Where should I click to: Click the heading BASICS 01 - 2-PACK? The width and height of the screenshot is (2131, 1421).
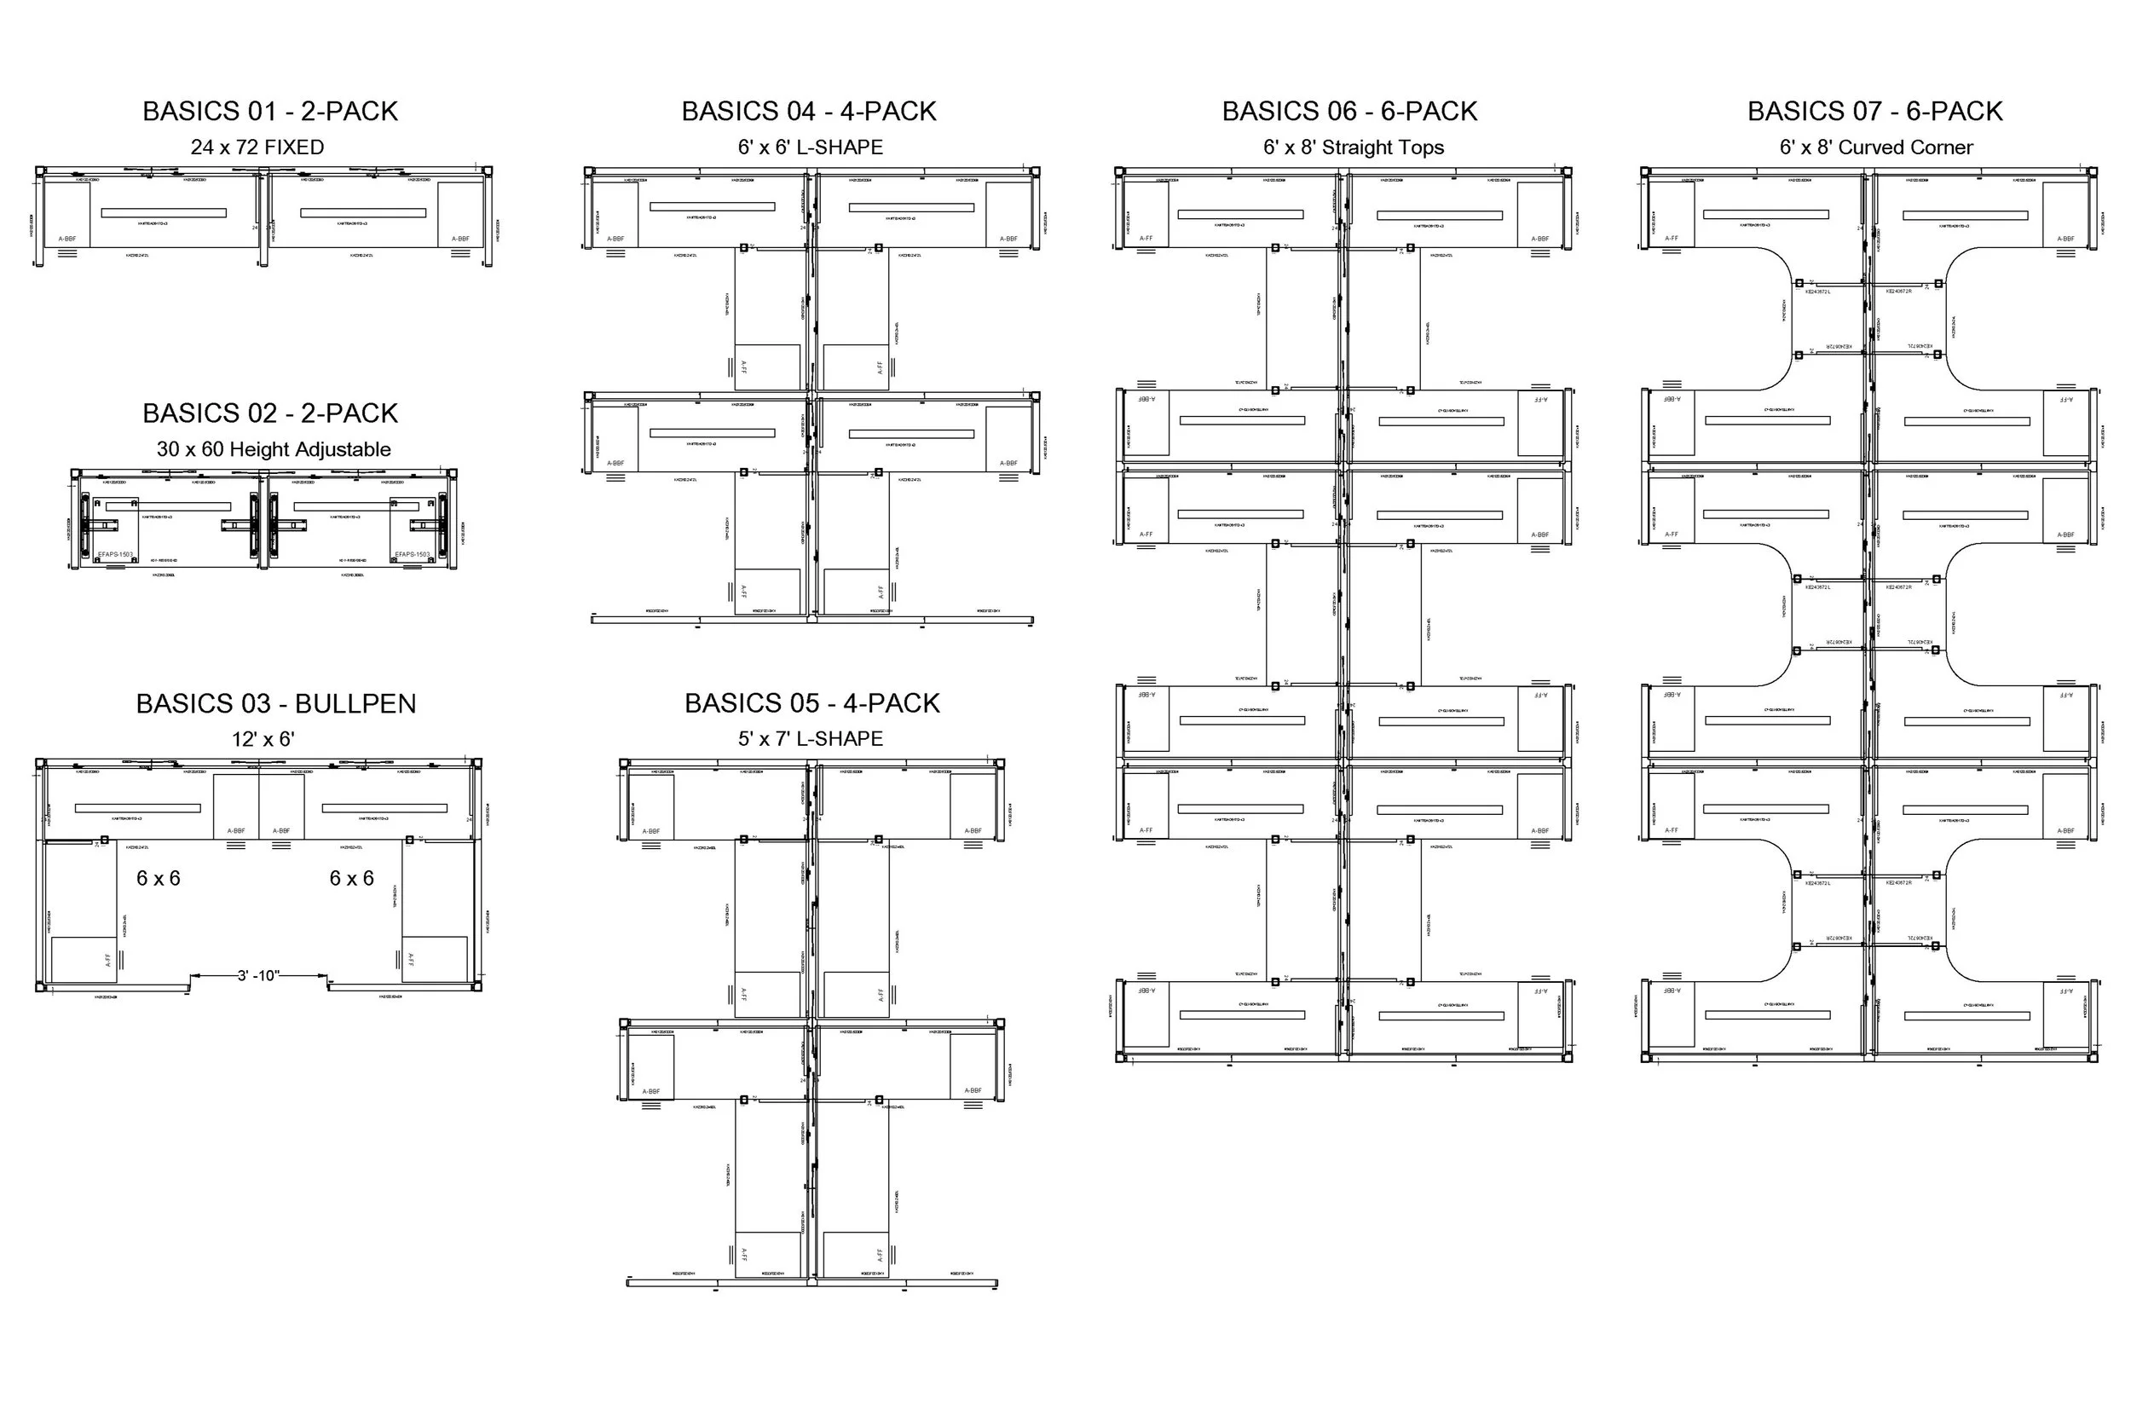270,112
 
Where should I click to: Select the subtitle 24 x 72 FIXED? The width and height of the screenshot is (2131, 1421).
257,147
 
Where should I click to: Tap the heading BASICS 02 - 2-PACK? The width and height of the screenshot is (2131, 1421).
270,413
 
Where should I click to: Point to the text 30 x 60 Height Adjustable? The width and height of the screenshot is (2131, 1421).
274,449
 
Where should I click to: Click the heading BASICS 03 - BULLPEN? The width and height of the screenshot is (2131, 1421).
275,704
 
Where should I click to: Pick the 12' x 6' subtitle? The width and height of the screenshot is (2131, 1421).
263,740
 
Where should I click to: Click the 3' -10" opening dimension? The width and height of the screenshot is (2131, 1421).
258,976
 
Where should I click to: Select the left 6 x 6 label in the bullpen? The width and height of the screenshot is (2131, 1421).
159,878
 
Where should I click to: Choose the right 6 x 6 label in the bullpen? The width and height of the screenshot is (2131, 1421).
351,878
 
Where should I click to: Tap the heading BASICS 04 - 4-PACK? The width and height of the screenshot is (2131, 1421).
809,112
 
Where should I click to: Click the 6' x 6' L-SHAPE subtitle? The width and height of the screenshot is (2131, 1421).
810,147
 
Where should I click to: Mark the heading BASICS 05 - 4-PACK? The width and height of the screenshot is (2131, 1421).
811,703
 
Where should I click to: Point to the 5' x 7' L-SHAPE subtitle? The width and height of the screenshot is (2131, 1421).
810,738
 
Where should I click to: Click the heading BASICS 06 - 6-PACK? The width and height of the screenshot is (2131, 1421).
1349,112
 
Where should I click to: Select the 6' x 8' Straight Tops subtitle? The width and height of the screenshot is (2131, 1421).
1354,147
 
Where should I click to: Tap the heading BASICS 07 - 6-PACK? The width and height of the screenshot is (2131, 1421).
1874,112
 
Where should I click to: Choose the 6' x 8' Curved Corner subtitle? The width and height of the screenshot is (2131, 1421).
1876,147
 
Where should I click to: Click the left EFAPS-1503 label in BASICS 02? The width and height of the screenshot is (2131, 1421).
115,555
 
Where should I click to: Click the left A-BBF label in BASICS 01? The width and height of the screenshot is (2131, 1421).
67,240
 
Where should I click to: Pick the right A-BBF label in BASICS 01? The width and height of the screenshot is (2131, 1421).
460,240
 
